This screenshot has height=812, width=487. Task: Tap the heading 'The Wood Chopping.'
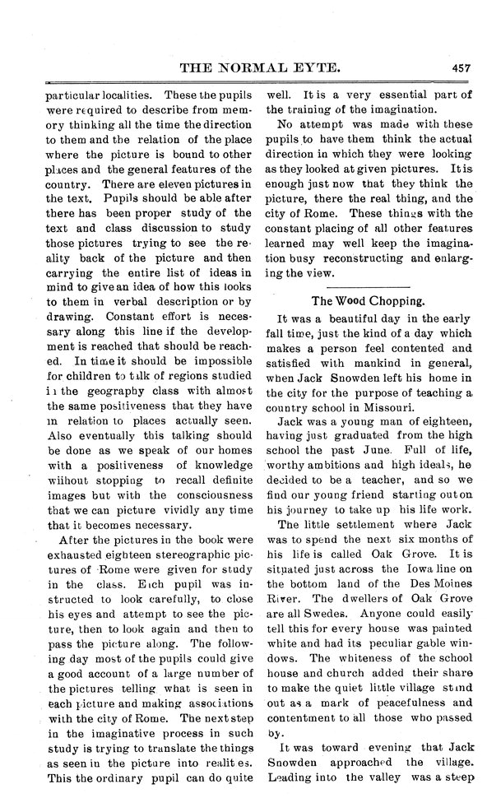(x=365, y=300)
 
